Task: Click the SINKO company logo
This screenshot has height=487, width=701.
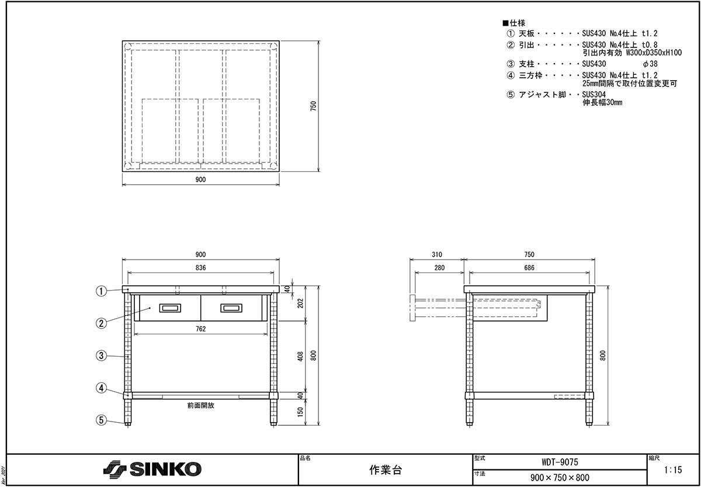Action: [x=152, y=469]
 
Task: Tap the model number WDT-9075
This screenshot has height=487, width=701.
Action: [x=560, y=462]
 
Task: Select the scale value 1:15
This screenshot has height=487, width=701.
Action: [x=673, y=470]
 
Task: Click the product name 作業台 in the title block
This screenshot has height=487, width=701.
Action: [x=385, y=470]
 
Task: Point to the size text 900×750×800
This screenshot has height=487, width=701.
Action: [x=560, y=478]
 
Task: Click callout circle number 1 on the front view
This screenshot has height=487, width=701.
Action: [x=101, y=291]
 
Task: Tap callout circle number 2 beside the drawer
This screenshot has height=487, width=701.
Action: [x=101, y=323]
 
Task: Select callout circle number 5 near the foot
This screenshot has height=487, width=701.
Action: [x=101, y=420]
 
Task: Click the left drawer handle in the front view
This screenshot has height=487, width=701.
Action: [x=170, y=308]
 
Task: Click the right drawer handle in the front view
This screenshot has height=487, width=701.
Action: [x=231, y=308]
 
